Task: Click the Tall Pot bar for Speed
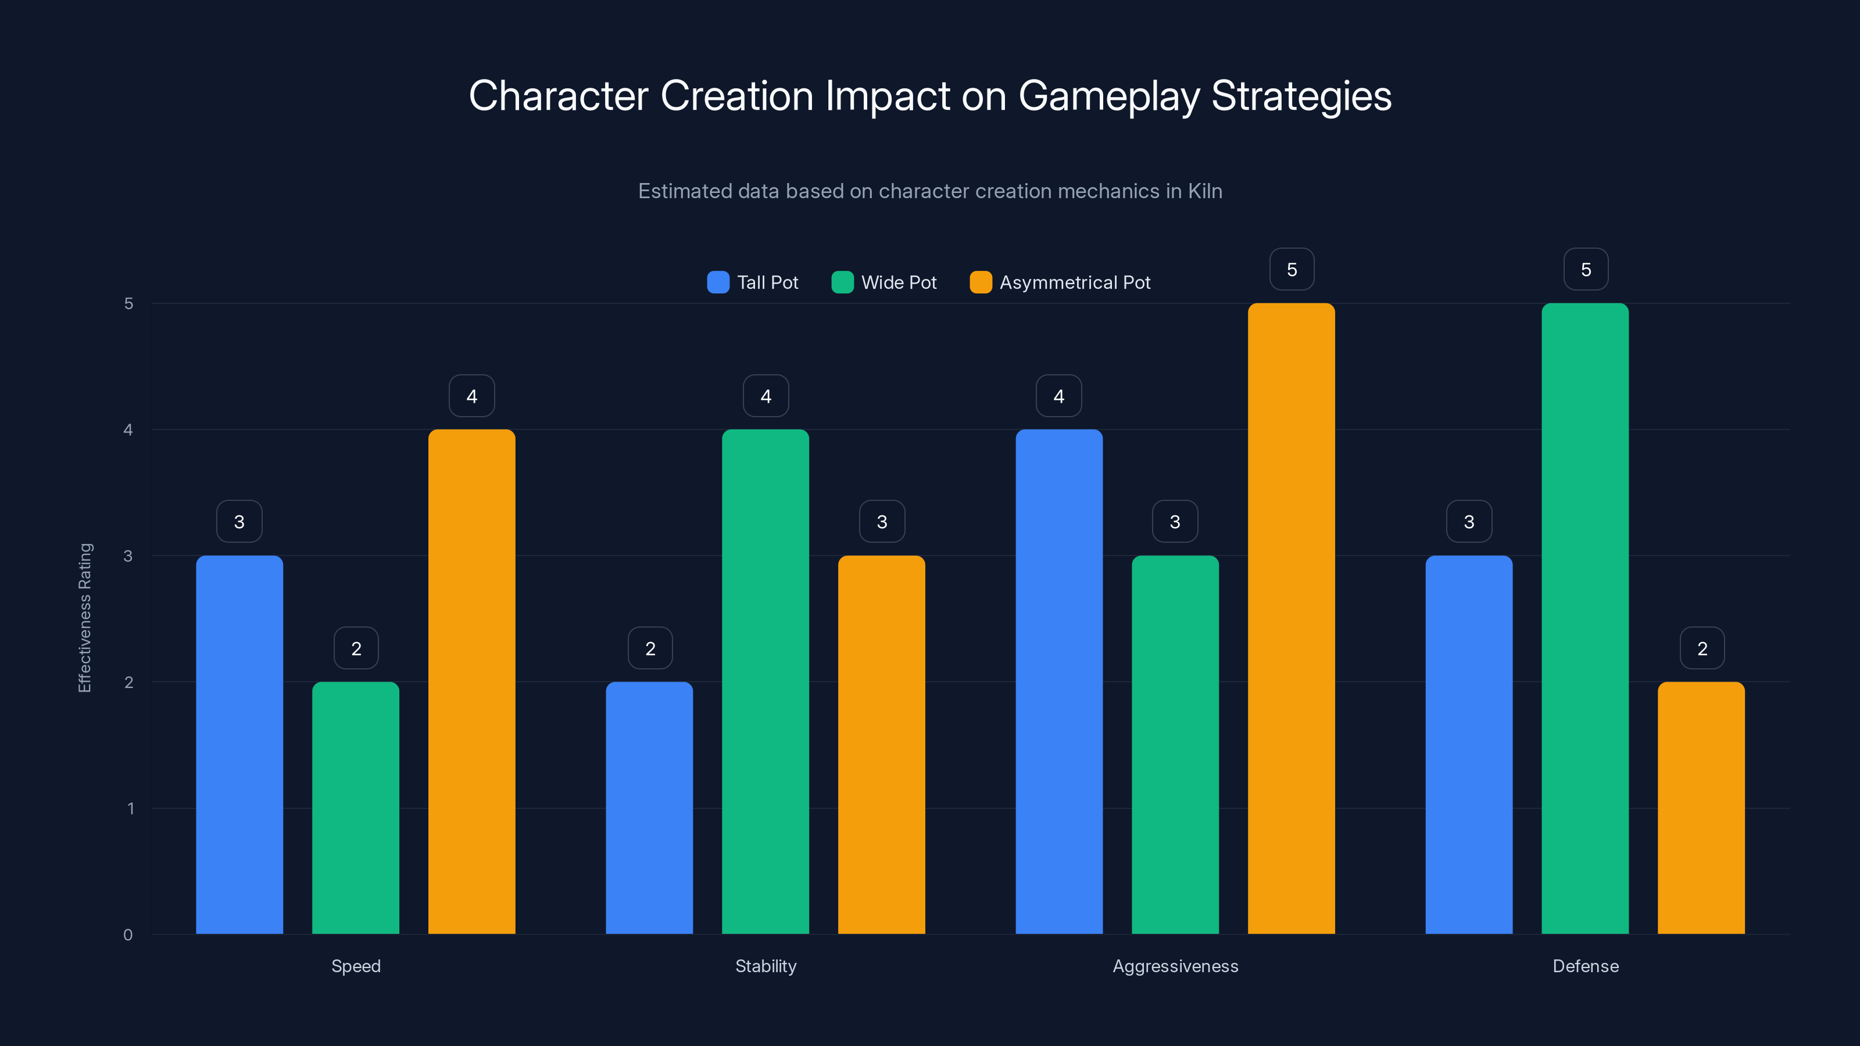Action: tap(239, 744)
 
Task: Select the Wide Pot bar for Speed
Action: tap(355, 808)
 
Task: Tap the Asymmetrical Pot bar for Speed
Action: tap(471, 682)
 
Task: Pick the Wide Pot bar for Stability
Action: tap(766, 682)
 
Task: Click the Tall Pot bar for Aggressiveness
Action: tap(1058, 682)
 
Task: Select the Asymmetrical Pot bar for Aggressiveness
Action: tap(1291, 619)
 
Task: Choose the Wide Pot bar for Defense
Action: tap(1585, 619)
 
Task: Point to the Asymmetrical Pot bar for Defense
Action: tap(1701, 808)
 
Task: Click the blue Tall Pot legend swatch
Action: tap(718, 282)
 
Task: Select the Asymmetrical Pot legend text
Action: tap(1074, 282)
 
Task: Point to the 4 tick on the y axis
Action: tap(128, 430)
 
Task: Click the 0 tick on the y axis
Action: tap(128, 935)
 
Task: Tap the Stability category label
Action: tap(766, 966)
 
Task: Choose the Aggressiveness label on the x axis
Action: tap(1175, 966)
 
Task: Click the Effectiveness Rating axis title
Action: tap(85, 618)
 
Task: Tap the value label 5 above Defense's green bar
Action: tap(1586, 269)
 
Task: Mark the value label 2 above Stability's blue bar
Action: tap(650, 649)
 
